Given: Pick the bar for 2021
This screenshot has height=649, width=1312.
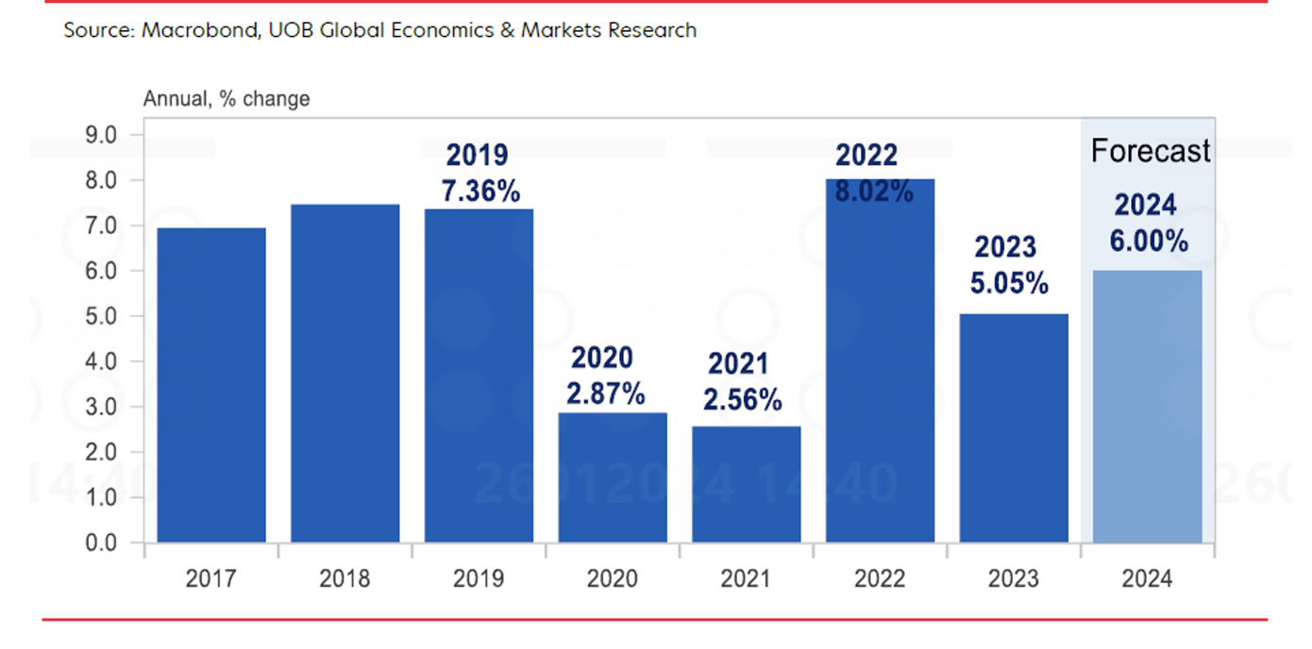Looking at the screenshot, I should click(x=747, y=485).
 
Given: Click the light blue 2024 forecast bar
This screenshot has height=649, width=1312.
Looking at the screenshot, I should click(x=1148, y=407).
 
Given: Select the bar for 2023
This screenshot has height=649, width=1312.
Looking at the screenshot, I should click(x=1014, y=428).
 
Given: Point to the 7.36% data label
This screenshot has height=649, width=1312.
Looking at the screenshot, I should click(x=480, y=191).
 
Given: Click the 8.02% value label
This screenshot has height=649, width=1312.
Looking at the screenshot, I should click(x=873, y=191).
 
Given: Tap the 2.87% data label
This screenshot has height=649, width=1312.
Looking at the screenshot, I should click(x=605, y=393).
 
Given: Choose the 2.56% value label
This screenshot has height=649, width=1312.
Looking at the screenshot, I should click(x=743, y=399).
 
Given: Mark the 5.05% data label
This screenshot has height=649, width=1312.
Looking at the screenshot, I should click(x=1009, y=283).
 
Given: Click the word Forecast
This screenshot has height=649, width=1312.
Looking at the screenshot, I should click(x=1150, y=151).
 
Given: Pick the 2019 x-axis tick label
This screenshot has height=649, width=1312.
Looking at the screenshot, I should click(x=479, y=578).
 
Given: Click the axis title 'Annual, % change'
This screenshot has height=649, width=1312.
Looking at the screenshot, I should click(x=226, y=98).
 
